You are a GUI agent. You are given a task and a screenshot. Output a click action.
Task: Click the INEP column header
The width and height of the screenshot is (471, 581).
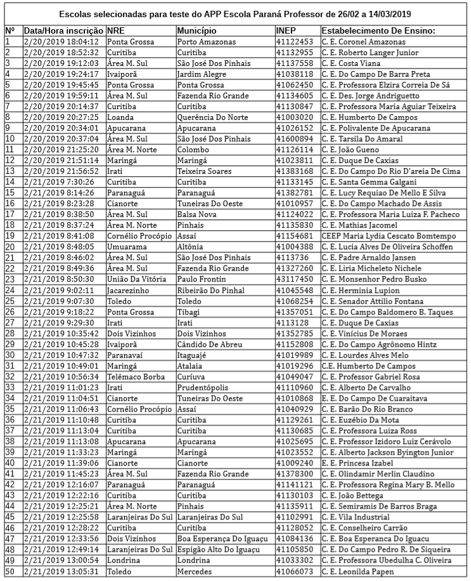point(287,30)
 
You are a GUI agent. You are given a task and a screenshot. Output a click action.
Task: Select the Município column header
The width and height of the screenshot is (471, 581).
point(197,30)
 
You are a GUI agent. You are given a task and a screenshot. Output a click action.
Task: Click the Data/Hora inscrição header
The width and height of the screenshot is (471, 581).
point(63,30)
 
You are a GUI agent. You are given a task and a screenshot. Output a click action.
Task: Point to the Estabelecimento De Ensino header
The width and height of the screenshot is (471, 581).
point(378,30)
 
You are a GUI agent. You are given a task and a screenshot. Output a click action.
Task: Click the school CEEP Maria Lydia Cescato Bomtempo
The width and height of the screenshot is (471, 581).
point(388,236)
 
